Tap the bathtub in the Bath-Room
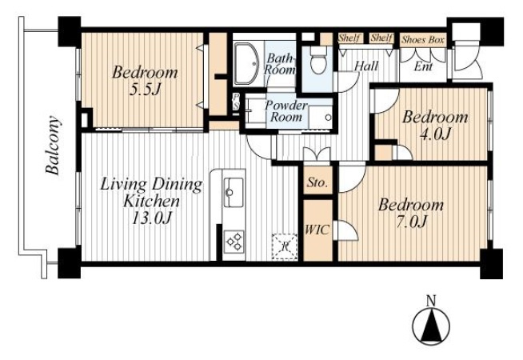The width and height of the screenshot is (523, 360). click(246, 63)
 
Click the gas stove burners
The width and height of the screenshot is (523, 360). click(234, 242)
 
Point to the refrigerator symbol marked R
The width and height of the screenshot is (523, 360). click(285, 246)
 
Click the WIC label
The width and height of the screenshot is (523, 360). click(317, 230)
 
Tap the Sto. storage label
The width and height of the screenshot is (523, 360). click(317, 182)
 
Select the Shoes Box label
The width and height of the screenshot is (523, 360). click(423, 40)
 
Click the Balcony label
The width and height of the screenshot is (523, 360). click(54, 145)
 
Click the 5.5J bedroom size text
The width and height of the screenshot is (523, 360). click(145, 89)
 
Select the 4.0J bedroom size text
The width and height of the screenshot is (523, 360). click(435, 134)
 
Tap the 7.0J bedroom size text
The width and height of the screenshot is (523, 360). click(411, 222)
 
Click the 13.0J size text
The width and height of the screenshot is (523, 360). click(152, 218)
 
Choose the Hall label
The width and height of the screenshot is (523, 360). click(366, 66)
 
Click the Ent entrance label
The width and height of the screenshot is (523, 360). click(423, 66)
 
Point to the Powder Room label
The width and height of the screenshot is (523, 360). click(285, 111)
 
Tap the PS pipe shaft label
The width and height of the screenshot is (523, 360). click(236, 102)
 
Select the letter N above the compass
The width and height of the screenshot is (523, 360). click(431, 301)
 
